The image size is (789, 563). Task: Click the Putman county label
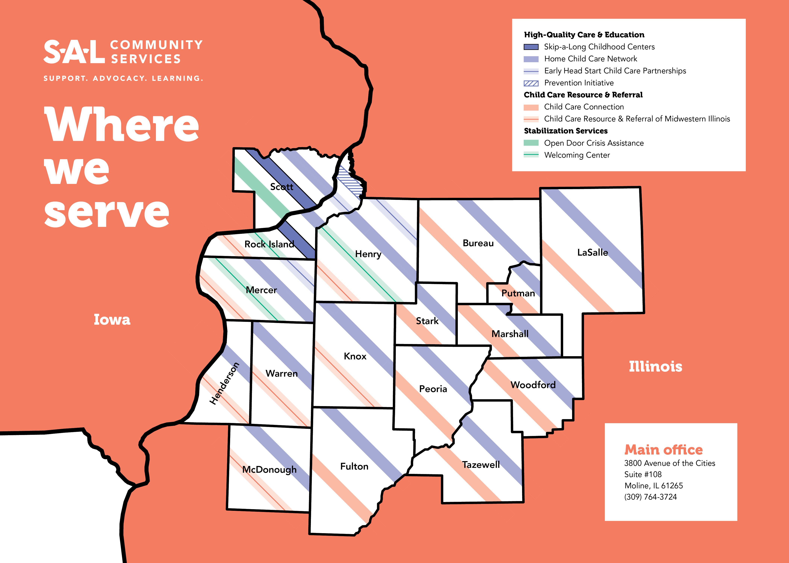[x=518, y=293]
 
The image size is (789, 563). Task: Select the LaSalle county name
[x=592, y=252]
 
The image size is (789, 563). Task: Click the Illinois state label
[x=655, y=367]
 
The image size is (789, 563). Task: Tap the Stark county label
[x=427, y=321]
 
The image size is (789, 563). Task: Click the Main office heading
[x=663, y=450]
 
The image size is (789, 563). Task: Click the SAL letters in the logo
[x=74, y=52]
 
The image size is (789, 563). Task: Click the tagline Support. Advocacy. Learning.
[x=123, y=78]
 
